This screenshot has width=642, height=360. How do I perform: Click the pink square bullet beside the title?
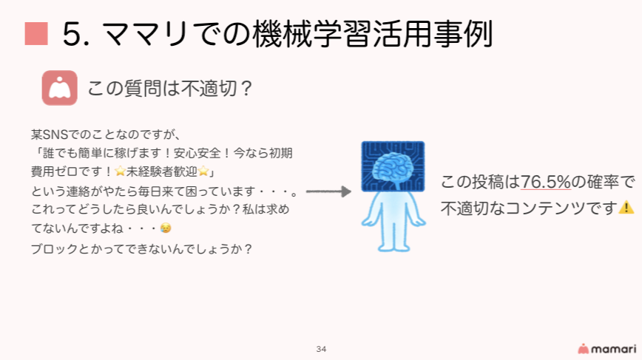pyautogui.click(x=36, y=33)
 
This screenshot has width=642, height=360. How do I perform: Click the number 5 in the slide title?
pyautogui.click(x=71, y=34)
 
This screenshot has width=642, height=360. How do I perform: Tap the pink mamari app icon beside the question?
pyautogui.click(x=59, y=88)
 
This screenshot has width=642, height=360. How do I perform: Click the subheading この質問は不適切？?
pyautogui.click(x=170, y=89)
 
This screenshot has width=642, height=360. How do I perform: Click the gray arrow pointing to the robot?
pyautogui.click(x=328, y=191)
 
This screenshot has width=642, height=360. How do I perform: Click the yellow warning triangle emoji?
pyautogui.click(x=626, y=208)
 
